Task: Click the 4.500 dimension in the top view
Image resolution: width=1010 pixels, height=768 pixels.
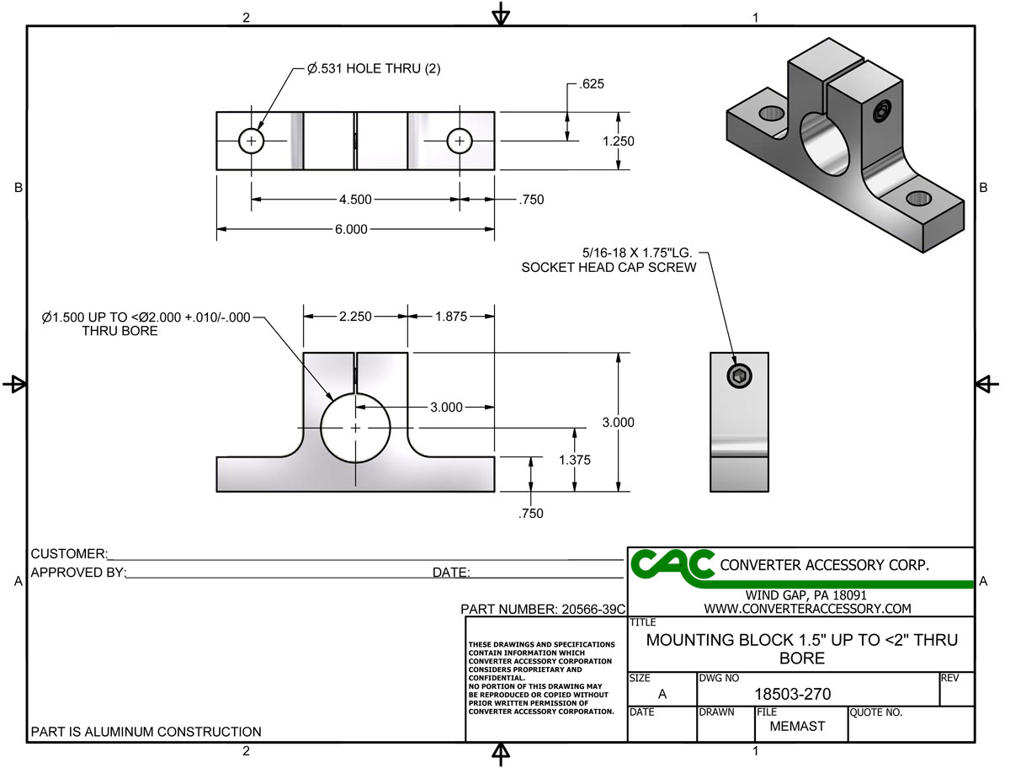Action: [x=354, y=200]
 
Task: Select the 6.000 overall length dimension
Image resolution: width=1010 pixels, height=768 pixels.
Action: [x=351, y=229]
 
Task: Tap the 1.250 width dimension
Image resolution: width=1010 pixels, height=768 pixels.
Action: [x=618, y=141]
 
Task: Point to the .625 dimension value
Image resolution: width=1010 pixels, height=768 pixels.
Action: [x=592, y=84]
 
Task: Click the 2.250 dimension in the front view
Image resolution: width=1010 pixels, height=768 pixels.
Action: [x=354, y=316]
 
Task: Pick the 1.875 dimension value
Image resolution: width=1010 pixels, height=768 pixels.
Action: [x=451, y=316]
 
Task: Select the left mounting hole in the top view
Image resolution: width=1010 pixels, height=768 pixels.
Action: [x=251, y=141]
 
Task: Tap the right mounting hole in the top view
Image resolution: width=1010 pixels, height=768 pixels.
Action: [x=459, y=141]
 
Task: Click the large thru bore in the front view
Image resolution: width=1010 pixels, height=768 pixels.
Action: [x=355, y=428]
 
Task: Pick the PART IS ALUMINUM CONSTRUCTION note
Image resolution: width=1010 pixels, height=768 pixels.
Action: [x=146, y=732]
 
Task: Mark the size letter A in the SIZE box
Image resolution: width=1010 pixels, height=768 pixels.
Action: [x=662, y=694]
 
